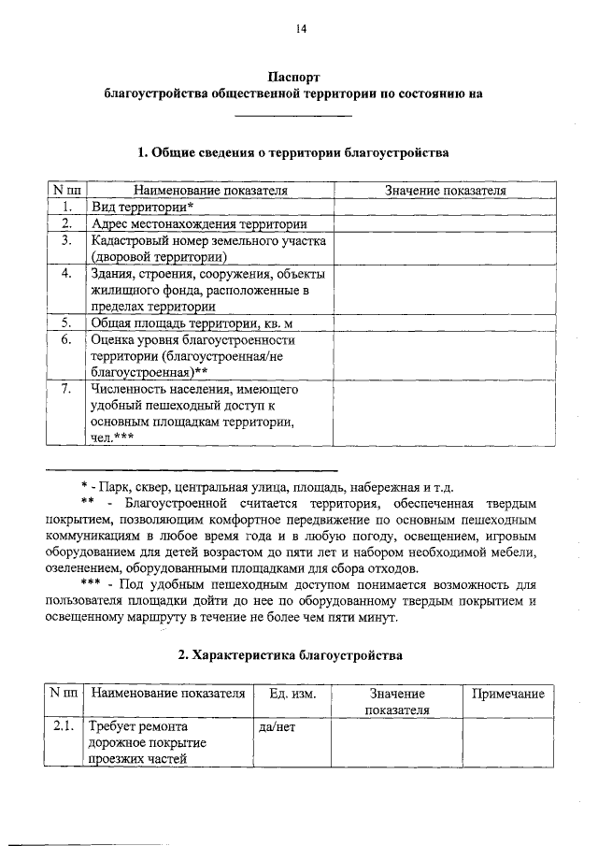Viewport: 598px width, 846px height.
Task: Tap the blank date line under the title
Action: click(x=292, y=114)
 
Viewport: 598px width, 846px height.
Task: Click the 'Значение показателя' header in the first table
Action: click(x=446, y=191)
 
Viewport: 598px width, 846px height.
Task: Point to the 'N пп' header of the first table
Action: click(x=66, y=191)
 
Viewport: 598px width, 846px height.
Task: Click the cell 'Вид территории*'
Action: click(x=142, y=207)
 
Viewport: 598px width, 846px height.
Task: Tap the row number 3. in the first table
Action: click(x=66, y=240)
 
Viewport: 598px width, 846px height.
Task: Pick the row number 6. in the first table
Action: click(x=66, y=339)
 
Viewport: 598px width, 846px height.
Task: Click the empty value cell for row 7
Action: click(x=446, y=411)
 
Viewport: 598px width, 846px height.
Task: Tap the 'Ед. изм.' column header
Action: click(x=292, y=694)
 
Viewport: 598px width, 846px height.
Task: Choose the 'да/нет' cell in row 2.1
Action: click(x=275, y=725)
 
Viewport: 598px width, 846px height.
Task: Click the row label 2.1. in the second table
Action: click(x=64, y=725)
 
